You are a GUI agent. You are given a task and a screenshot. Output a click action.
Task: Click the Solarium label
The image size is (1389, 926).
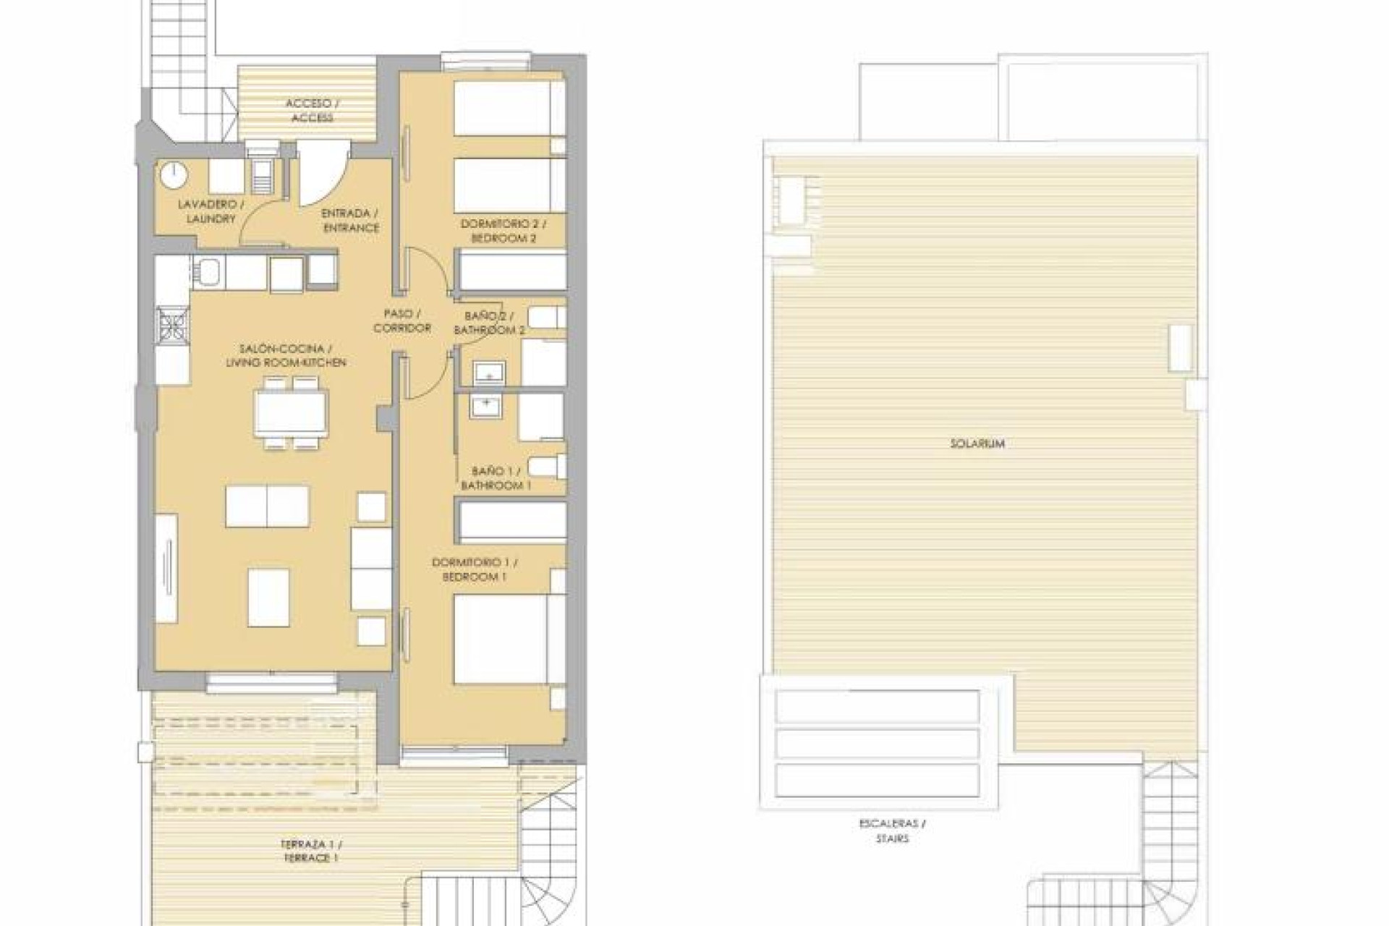977,443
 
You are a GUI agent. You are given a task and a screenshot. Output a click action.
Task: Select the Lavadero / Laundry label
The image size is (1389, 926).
208,211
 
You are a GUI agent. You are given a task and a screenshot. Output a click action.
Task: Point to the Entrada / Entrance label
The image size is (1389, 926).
350,221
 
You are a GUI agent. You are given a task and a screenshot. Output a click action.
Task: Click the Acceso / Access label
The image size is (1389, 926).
312,111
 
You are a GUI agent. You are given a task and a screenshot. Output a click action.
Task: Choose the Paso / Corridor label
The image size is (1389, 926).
402,320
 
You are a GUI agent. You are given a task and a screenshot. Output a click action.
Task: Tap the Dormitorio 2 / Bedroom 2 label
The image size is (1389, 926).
504,231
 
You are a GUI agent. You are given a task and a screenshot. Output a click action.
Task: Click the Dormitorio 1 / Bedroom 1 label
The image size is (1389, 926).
475,569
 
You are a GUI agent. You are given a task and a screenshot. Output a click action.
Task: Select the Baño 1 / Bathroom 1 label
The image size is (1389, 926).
495,478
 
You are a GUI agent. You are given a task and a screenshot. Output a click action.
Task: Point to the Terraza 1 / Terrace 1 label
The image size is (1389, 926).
312,851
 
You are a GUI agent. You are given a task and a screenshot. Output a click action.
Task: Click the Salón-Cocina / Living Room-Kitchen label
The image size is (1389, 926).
286,355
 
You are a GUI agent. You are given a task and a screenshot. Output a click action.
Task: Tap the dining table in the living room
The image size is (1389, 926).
291,413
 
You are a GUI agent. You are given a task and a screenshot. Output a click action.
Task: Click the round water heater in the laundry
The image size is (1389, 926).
174,174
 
